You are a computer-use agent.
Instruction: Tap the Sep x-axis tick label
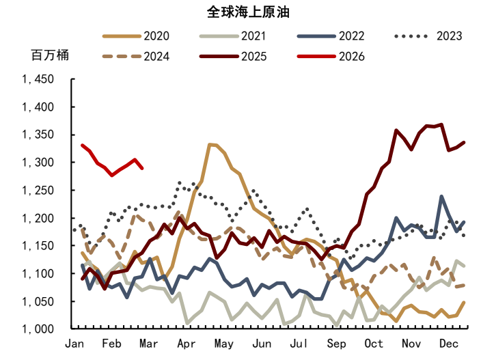(336, 343)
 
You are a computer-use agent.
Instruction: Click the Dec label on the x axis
(448, 343)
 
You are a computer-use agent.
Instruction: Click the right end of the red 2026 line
(141, 168)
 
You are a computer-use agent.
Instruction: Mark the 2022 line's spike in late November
(441, 197)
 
